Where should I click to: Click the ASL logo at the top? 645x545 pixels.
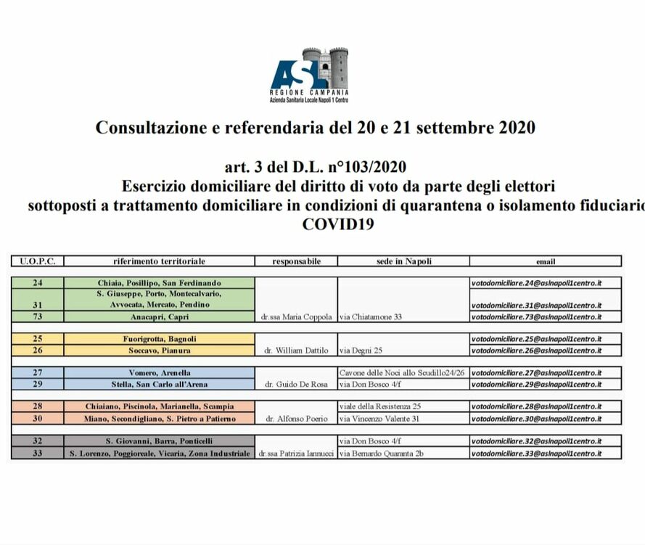coord(310,75)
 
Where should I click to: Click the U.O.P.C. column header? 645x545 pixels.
coord(38,261)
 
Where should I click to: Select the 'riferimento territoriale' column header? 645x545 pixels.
coord(159,261)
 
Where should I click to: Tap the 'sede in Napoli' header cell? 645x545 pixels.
coord(403,261)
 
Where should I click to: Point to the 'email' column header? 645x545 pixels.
coord(545,261)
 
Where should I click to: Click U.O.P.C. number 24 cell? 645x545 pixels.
coord(38,282)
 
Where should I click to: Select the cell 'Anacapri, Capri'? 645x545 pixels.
coord(159,317)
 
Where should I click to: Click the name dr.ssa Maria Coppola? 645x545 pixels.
coord(295,317)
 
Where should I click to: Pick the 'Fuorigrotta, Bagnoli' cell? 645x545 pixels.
coord(159,339)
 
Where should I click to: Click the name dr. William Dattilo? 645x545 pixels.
coord(295,351)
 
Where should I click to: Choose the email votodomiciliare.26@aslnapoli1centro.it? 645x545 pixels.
coord(536,351)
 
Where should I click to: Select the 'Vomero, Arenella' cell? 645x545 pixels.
coord(159,373)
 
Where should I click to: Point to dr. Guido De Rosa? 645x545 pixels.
coord(295,384)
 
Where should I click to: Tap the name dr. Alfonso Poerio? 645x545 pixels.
coord(295,419)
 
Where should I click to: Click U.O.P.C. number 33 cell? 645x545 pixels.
coord(38,454)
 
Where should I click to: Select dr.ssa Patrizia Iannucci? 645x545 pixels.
coord(295,454)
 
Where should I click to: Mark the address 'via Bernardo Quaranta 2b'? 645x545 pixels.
coord(382,454)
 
